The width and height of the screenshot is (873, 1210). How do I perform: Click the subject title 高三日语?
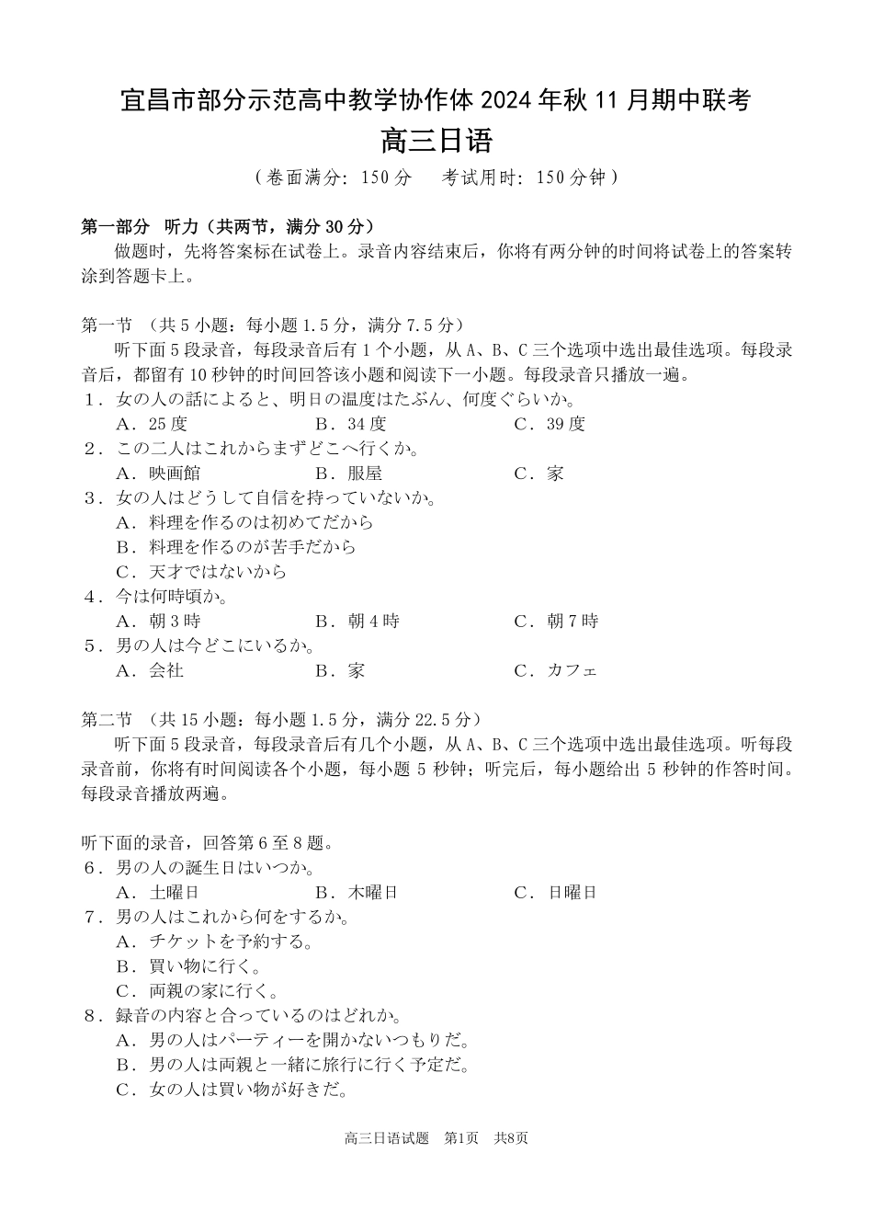[x=436, y=142]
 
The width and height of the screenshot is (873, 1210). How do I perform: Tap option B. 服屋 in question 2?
[x=348, y=474]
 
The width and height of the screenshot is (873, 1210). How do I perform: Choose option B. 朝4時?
[x=357, y=622]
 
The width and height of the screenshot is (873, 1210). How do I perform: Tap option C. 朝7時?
[x=556, y=622]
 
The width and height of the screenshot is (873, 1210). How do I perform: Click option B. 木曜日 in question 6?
[x=357, y=893]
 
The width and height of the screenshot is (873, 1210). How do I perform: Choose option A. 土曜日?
[x=158, y=893]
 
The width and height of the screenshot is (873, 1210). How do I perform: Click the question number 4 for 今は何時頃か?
[x=90, y=597]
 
